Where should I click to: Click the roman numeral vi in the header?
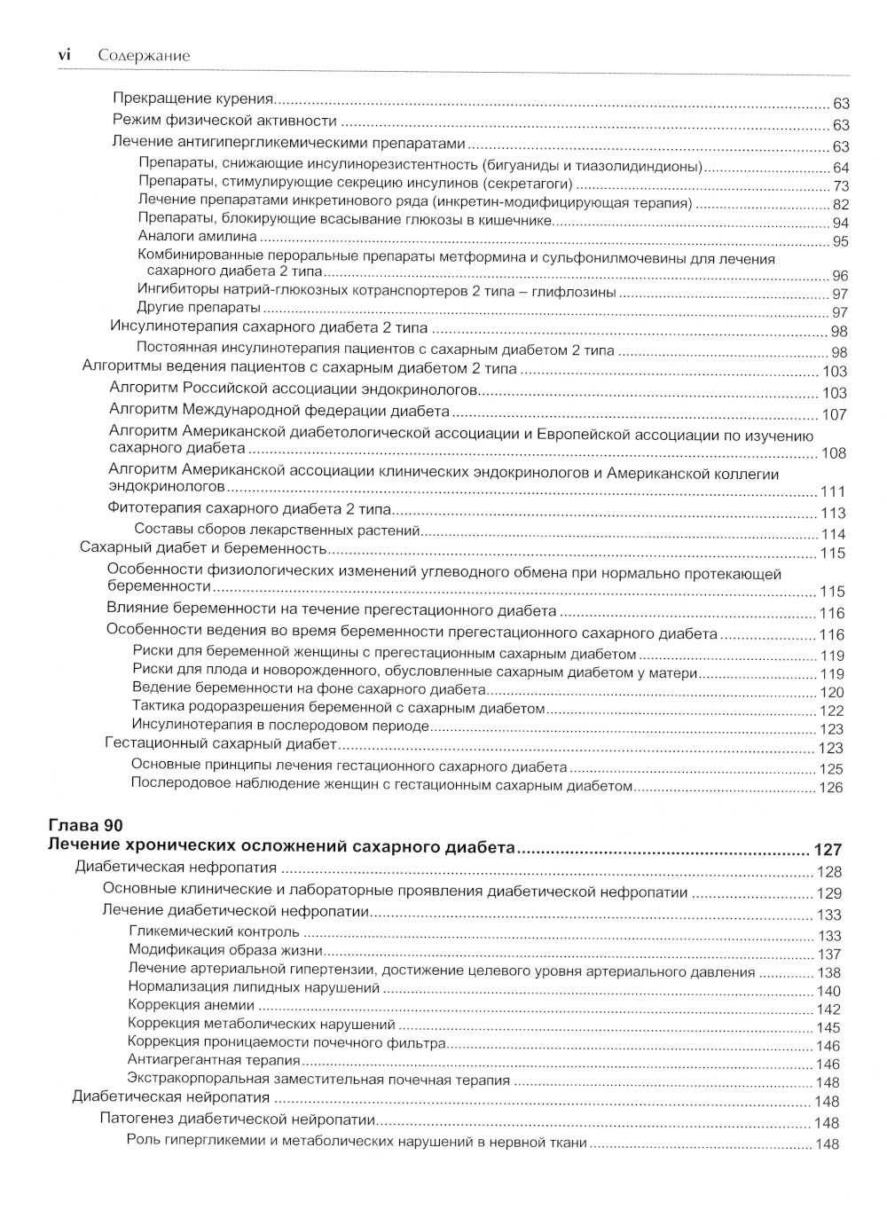[x=64, y=56]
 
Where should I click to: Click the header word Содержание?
[x=145, y=56]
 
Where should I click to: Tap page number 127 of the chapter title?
[x=828, y=850]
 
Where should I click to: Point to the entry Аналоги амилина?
[x=198, y=237]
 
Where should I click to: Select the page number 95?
[x=840, y=241]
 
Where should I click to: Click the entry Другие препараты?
[x=200, y=308]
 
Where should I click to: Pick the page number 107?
[x=835, y=414]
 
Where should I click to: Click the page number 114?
[x=834, y=534]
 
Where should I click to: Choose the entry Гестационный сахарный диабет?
[x=221, y=743]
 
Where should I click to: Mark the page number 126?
[x=831, y=787]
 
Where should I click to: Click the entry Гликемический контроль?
[x=214, y=932]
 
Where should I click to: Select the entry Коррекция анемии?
[x=192, y=1005]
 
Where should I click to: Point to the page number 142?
[x=828, y=1010]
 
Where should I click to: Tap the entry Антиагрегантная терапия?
[x=215, y=1060]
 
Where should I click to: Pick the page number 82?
[x=840, y=205]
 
